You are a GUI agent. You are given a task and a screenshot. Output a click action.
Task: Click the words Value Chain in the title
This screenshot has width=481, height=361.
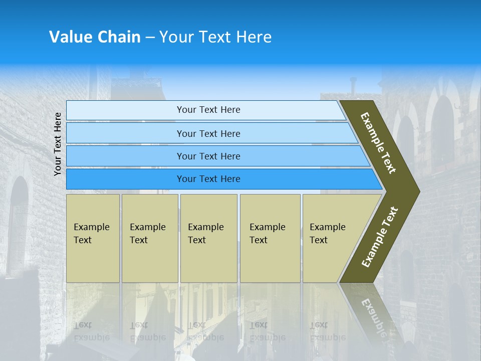[x=95, y=37]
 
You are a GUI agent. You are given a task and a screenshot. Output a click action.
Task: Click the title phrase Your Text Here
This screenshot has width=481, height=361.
[x=215, y=37]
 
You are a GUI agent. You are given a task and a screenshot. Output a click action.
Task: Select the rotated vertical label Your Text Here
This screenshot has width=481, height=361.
[x=58, y=144]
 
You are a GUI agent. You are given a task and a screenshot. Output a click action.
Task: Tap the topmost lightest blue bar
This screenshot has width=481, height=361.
[x=208, y=110]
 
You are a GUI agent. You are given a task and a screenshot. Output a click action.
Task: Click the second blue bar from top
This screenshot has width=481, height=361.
[x=208, y=133]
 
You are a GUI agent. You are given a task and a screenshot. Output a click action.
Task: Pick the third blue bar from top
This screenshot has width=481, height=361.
[x=208, y=156]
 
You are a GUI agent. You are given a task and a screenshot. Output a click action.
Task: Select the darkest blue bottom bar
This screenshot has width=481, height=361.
[x=208, y=179]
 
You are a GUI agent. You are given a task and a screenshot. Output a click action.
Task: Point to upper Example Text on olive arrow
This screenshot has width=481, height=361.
[x=378, y=143]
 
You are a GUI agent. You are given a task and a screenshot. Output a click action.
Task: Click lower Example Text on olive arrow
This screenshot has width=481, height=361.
[x=380, y=237]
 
